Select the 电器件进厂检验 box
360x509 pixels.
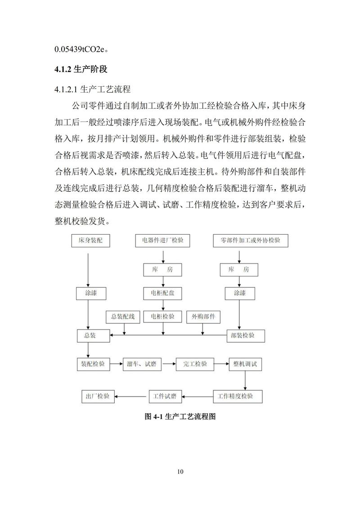(162, 241)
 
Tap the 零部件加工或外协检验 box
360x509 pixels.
(250, 241)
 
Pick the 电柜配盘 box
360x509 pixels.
(162, 293)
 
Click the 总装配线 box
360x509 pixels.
(123, 317)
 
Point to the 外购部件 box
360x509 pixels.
(203, 317)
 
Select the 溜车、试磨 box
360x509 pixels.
(142, 364)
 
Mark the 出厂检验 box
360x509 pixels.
(97, 396)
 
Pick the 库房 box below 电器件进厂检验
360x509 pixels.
(162, 270)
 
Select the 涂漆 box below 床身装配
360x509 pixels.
(90, 293)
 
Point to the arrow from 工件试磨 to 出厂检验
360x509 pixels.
(131, 396)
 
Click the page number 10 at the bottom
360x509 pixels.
(180, 472)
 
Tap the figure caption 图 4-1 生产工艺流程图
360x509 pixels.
(180, 417)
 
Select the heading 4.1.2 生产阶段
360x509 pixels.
(81, 70)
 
